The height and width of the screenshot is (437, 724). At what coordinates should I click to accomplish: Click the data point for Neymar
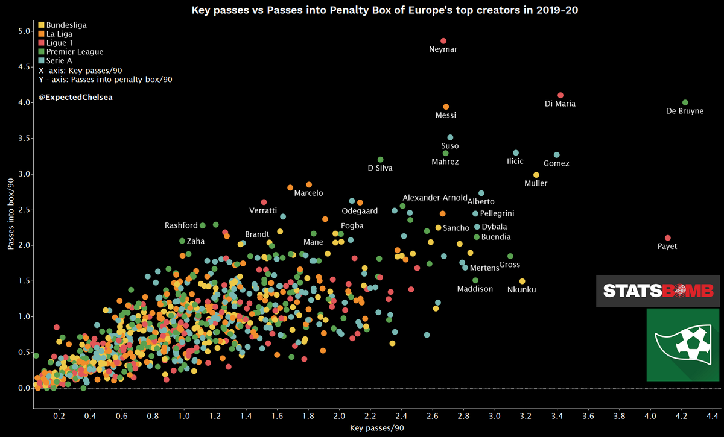click(x=443, y=41)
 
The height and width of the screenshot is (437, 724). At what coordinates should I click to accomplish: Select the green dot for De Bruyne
click(x=685, y=102)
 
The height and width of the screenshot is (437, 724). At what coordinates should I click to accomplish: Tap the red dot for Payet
click(x=667, y=238)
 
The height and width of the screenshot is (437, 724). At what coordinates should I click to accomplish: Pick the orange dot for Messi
click(x=446, y=107)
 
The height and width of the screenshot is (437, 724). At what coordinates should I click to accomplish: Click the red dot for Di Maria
click(x=560, y=95)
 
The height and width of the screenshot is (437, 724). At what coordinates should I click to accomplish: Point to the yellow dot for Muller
click(x=536, y=175)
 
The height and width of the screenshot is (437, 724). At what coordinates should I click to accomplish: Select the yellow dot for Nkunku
click(x=522, y=281)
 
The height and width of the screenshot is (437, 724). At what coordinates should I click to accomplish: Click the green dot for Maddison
click(x=475, y=280)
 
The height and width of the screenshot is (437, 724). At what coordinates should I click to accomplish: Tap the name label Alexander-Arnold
click(x=434, y=198)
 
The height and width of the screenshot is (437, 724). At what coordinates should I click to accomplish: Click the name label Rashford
click(x=181, y=225)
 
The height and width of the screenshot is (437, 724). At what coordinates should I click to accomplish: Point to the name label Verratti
click(x=263, y=210)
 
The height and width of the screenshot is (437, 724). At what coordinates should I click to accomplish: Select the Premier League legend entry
click(x=66, y=52)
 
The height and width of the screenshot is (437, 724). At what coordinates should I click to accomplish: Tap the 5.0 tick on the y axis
click(x=22, y=31)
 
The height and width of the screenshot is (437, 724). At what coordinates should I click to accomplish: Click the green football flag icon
click(x=682, y=345)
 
